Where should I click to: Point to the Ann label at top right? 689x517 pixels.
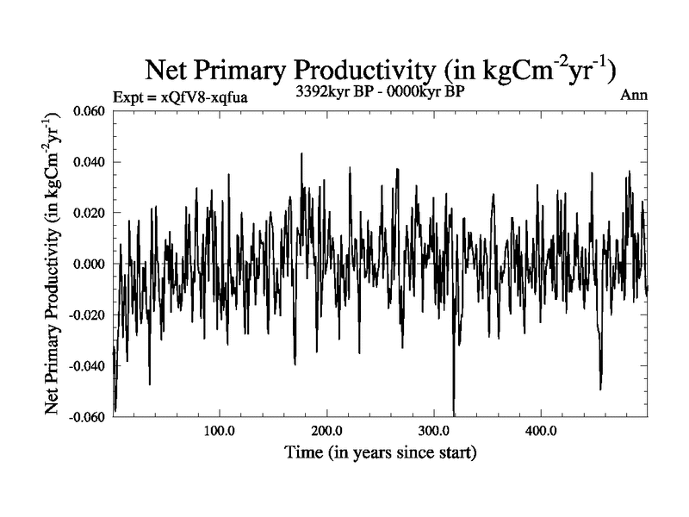pyautogui.click(x=633, y=95)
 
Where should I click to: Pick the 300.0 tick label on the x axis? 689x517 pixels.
pyautogui.click(x=434, y=430)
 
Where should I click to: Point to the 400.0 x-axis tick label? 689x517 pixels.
pyautogui.click(x=541, y=430)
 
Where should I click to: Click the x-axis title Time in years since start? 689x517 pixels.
pyautogui.click(x=380, y=452)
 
